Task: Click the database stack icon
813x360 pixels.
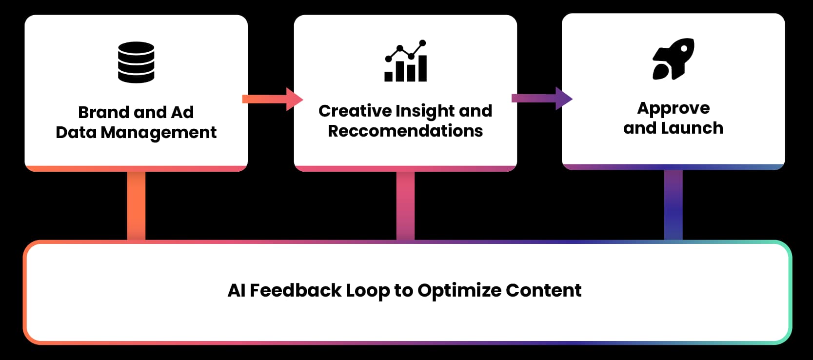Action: (136, 62)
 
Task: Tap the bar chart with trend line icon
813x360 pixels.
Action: (406, 60)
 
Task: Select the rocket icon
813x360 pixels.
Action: (673, 59)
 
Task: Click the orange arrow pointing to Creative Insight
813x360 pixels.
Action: (273, 99)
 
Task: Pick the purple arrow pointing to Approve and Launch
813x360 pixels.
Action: (542, 98)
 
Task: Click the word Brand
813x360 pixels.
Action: (104, 112)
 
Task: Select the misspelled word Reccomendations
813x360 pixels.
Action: (405, 131)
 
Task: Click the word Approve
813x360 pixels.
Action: (673, 108)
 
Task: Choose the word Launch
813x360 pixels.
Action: (692, 128)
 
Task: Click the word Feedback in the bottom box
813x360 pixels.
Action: (296, 290)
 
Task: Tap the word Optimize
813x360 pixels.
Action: (459, 291)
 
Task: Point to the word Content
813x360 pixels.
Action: (544, 290)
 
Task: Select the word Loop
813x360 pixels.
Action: (368, 291)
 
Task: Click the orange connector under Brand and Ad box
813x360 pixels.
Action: (136, 205)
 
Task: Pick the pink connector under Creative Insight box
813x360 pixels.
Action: (405, 205)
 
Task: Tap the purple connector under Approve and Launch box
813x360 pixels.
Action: (673, 205)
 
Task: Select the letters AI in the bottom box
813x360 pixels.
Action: (236, 290)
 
